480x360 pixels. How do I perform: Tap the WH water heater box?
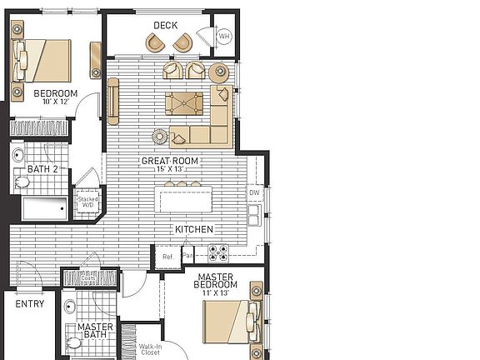[224, 37]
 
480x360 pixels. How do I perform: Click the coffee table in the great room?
[185, 104]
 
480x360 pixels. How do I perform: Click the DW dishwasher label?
[254, 192]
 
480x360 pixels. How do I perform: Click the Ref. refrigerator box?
[167, 257]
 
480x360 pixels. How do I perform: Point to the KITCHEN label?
[193, 229]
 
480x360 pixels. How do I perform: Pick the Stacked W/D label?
[87, 202]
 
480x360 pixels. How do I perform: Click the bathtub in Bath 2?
[42, 208]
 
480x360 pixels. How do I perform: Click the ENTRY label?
[30, 304]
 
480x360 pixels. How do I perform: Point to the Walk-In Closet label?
[150, 348]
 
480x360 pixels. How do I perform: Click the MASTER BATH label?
[95, 332]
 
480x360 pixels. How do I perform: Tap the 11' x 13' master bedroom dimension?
[216, 293]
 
